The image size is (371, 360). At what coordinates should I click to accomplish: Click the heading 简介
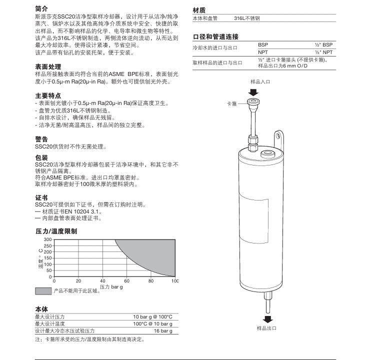tap(42, 8)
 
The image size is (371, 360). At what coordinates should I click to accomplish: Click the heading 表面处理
tap(48, 66)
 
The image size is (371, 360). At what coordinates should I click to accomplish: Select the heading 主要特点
tap(48, 95)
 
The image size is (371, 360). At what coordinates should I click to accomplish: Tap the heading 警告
tap(41, 139)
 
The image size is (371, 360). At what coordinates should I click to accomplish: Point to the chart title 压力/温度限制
tap(56, 231)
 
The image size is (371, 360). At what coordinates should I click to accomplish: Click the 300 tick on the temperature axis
tap(47, 239)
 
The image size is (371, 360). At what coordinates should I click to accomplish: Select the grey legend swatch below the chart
tap(43, 291)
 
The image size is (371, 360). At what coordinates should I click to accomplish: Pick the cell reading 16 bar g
tap(162, 331)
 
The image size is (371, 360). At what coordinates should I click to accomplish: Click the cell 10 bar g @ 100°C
tap(152, 317)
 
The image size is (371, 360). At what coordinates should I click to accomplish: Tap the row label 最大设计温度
tap(49, 324)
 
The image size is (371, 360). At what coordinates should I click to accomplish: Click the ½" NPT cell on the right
tap(323, 52)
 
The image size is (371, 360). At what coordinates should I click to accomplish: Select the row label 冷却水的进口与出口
tap(214, 48)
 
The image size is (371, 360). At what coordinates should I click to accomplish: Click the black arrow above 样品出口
tap(268, 319)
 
